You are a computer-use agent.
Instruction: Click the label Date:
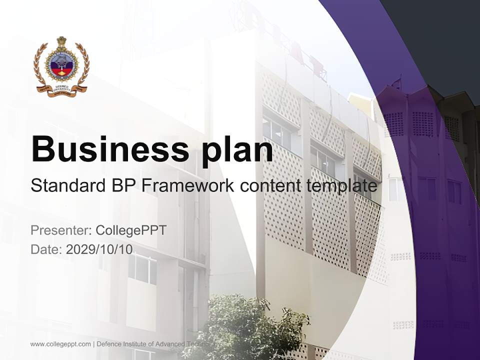click(46, 249)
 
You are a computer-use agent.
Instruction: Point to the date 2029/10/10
click(99, 249)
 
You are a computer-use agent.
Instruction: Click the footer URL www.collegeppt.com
click(60, 344)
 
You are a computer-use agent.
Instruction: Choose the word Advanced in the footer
click(169, 344)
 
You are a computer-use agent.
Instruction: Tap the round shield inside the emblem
click(61, 65)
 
